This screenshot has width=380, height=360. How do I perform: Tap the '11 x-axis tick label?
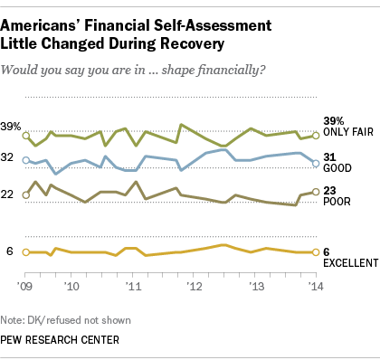[134, 284]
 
